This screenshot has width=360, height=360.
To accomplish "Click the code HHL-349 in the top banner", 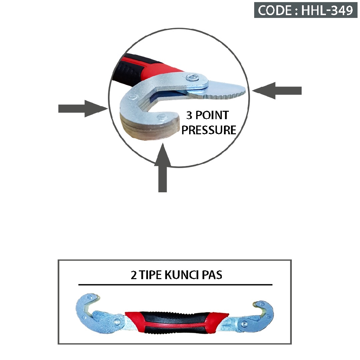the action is click(x=327, y=10).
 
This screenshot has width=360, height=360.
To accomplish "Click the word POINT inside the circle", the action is click(x=212, y=115).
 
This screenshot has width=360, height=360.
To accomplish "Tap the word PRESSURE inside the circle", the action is click(x=209, y=130).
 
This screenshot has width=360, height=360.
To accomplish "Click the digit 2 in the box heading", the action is click(x=134, y=275).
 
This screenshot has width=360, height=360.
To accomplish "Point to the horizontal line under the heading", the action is click(x=175, y=284).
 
